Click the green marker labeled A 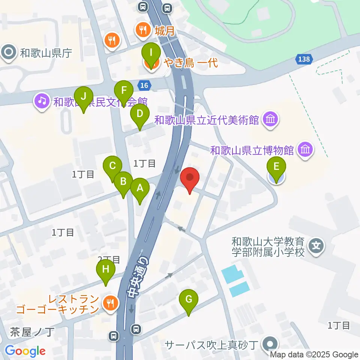140,189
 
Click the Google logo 25,351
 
